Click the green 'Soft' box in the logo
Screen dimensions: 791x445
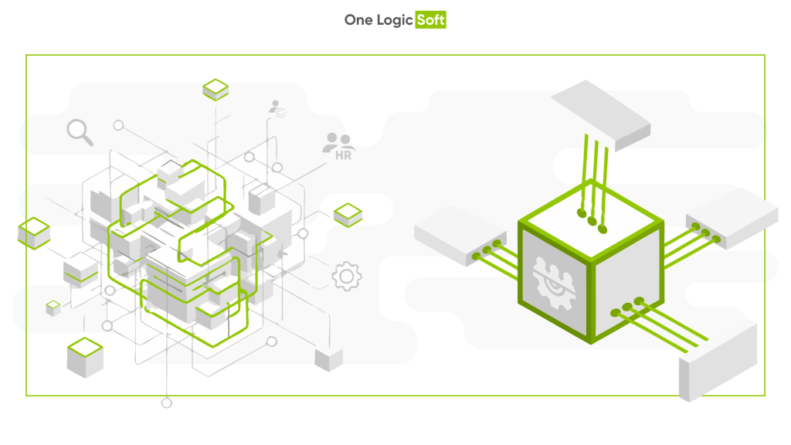430,19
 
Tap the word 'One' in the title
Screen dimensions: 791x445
358,19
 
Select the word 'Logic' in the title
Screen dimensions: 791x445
395,21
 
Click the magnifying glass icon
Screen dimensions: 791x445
80,132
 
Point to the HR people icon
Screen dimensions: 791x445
339,146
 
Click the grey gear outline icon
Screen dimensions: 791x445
347,276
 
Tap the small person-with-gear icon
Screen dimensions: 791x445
277,109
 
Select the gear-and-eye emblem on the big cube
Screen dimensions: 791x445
554,283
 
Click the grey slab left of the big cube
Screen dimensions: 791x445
460,235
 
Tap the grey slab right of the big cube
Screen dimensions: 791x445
732,217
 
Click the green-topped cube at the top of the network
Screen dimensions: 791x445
216,90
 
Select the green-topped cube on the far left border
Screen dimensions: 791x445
34,233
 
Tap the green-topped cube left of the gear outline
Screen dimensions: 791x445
348,215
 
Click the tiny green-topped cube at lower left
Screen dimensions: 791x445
53,308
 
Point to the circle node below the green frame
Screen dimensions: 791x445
167,403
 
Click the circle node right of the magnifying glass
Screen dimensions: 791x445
118,125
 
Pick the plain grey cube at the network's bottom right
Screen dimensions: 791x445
329,359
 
